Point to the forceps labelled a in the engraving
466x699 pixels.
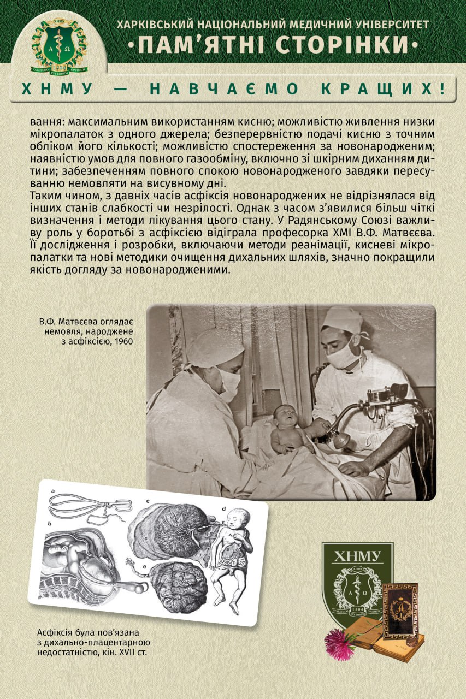click(x=90, y=505)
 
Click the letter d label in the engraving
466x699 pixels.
click(x=224, y=509)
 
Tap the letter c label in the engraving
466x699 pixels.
click(x=148, y=501)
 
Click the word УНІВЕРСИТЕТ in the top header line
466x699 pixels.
click(x=389, y=25)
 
